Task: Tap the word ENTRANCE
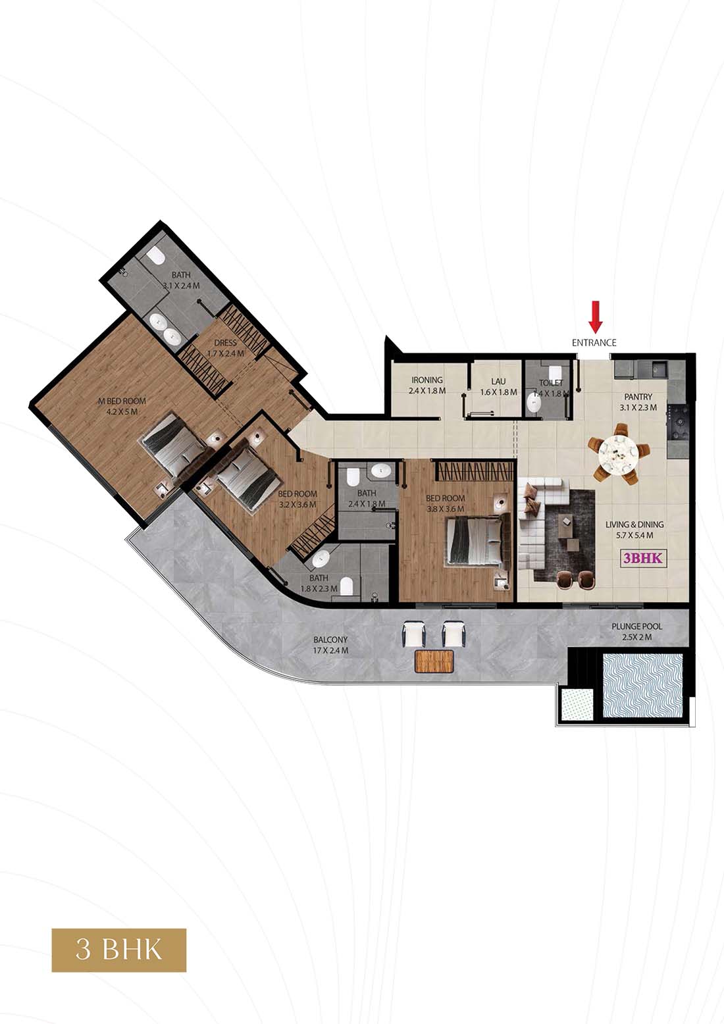[x=594, y=342]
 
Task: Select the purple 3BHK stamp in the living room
[x=643, y=557]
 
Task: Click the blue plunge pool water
[x=643, y=686]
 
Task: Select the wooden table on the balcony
[x=434, y=661]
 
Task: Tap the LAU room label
[x=499, y=381]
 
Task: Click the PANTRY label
[x=638, y=397]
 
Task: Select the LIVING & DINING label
[x=635, y=525]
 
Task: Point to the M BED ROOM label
[x=122, y=401]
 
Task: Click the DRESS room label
[x=225, y=343]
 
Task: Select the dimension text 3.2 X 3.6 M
[x=297, y=505]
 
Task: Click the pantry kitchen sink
[x=659, y=368]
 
